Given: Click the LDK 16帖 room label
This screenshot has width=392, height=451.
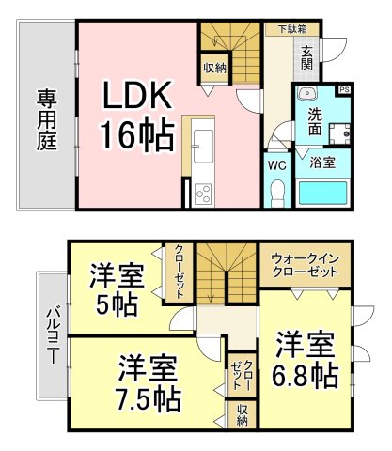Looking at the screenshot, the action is [x=137, y=115].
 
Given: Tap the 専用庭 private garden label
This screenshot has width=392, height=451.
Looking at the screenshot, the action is [x=47, y=119].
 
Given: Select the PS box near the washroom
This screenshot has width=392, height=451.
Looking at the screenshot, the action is [x=344, y=89].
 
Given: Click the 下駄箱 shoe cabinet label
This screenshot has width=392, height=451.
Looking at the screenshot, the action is [x=293, y=29].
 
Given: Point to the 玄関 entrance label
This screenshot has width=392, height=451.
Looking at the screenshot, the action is [x=307, y=58].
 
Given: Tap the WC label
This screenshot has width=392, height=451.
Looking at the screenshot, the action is [x=277, y=165].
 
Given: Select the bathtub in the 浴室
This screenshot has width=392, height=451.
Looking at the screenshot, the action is [x=322, y=194].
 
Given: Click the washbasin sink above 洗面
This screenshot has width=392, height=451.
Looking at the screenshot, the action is [x=307, y=93].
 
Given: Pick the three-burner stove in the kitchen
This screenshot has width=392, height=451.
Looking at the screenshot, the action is [x=203, y=194].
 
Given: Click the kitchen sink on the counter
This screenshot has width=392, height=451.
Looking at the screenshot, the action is [x=204, y=146].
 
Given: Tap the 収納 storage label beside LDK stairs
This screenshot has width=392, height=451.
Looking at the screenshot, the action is [x=215, y=68].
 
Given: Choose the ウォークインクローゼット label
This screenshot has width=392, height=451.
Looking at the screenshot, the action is [x=306, y=265].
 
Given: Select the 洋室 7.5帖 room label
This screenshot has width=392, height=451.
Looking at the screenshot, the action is [x=149, y=383].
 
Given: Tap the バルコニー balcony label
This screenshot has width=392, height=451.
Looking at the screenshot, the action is [x=53, y=336].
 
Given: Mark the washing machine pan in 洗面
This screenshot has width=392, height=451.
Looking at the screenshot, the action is [x=339, y=134].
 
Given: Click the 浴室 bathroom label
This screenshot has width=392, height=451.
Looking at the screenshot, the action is [x=322, y=163].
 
